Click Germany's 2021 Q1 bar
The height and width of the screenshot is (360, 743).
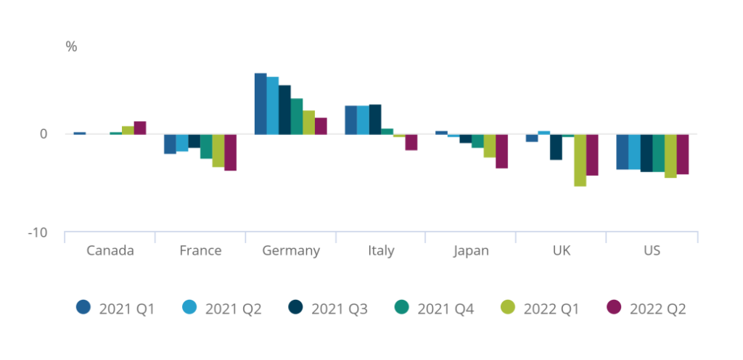pos(260,104)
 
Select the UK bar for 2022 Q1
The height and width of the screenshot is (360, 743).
pos(580,160)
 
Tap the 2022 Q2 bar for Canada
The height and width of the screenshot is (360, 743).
pos(140,128)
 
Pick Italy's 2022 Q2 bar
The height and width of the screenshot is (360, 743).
pos(411,142)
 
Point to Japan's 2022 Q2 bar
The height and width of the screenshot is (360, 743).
pos(501,151)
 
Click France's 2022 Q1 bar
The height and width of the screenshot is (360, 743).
pos(218,151)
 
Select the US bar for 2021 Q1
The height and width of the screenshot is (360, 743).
pos(622,152)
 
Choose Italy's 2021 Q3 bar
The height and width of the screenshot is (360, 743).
pos(375,120)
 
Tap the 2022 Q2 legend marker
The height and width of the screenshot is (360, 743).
pos(614,308)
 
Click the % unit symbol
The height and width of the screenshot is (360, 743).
pos(71,47)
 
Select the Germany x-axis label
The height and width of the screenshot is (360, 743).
pos(291,251)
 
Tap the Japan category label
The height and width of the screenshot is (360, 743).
pos(471,251)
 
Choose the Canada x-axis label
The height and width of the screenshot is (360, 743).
pos(110,251)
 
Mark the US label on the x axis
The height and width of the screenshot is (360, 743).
pos(652,251)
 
